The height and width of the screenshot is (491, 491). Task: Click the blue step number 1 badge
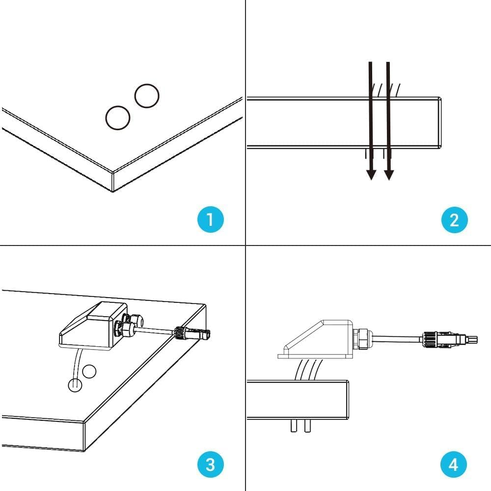coord(210,219)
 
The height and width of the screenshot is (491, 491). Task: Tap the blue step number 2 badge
coord(454,219)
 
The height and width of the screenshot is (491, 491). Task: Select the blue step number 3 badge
coord(210,464)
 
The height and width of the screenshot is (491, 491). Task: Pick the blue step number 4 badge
coord(454,464)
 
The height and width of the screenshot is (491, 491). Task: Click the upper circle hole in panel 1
coord(147,96)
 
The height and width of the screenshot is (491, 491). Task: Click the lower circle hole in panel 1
coord(118,118)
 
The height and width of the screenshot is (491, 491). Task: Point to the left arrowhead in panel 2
coord(371,174)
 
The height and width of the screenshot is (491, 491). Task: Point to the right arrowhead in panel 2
coord(389,174)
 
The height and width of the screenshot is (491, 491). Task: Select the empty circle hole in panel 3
coord(89,372)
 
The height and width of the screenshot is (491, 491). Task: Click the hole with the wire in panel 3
coord(74,385)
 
